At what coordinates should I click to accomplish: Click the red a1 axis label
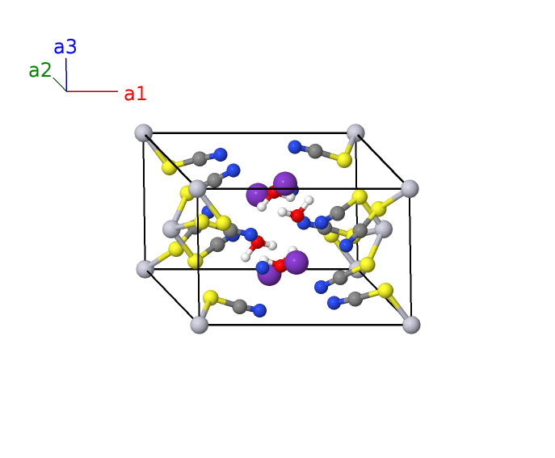point(135,95)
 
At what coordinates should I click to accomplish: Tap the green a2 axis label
point(40,70)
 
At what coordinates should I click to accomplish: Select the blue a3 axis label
point(65,47)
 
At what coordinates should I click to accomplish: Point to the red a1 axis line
point(92,91)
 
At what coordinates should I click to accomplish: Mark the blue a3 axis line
point(66,74)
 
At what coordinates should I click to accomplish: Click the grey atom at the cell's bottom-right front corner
point(411,325)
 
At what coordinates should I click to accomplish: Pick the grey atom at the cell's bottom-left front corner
point(200,325)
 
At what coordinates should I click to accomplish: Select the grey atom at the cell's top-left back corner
point(144,133)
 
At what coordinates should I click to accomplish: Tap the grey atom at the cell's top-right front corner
point(410,188)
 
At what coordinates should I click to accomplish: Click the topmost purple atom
point(285,183)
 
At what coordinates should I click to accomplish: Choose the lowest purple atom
point(269,275)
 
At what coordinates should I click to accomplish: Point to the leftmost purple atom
point(258,195)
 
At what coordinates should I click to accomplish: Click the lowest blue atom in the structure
point(260,310)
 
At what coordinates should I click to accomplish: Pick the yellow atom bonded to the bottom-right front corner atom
point(385,291)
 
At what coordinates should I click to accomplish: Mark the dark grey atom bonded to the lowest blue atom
point(240,306)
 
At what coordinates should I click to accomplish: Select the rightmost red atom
point(297,215)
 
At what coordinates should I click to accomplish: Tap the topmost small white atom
point(309,200)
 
